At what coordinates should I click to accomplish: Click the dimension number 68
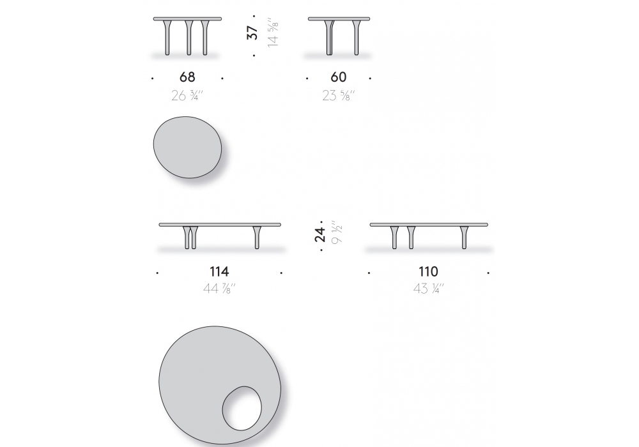[x=187, y=77]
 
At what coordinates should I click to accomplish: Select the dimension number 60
[x=339, y=77]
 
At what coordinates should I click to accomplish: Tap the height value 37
[x=252, y=33]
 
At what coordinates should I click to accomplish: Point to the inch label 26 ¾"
[x=187, y=96]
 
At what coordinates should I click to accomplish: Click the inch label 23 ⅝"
[x=339, y=96]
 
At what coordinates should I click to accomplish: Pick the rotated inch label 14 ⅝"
[x=273, y=32]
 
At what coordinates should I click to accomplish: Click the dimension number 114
[x=219, y=271]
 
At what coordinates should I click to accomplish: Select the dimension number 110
[x=428, y=271]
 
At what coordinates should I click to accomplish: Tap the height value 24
[x=320, y=235]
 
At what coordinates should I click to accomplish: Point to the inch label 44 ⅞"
[x=219, y=289]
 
